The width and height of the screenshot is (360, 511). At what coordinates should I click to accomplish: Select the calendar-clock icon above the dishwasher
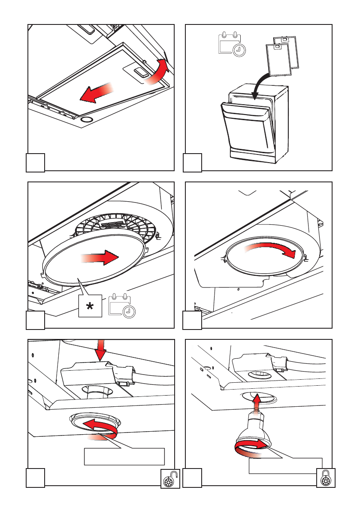(230, 44)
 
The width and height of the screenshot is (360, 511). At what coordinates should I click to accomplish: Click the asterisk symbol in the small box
(90, 306)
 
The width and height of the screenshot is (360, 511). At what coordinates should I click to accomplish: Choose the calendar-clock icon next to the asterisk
(122, 305)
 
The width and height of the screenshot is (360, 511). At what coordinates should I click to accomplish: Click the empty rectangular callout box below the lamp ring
(124, 457)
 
